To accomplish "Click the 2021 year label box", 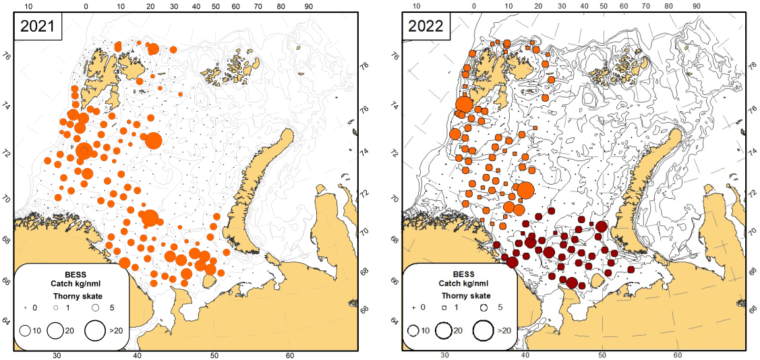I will click(x=38, y=27).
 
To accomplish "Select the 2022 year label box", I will click(x=426, y=27).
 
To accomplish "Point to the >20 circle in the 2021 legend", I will click(x=95, y=330).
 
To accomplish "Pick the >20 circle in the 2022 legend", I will click(x=483, y=330).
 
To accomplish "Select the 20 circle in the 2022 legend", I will click(x=444, y=330).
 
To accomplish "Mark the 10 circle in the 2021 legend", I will click(x=26, y=330).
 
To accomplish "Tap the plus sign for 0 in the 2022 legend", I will click(x=413, y=307).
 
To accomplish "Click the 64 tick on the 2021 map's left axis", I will click(x=7, y=320).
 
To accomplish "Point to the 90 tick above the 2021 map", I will click(x=309, y=5).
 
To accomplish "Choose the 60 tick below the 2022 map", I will click(x=678, y=355).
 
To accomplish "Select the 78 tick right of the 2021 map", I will click(x=364, y=67).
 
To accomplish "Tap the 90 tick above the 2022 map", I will click(x=697, y=5).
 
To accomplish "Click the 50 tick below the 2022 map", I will click(x=602, y=355).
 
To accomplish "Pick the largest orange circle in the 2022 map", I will click(x=525, y=191).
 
